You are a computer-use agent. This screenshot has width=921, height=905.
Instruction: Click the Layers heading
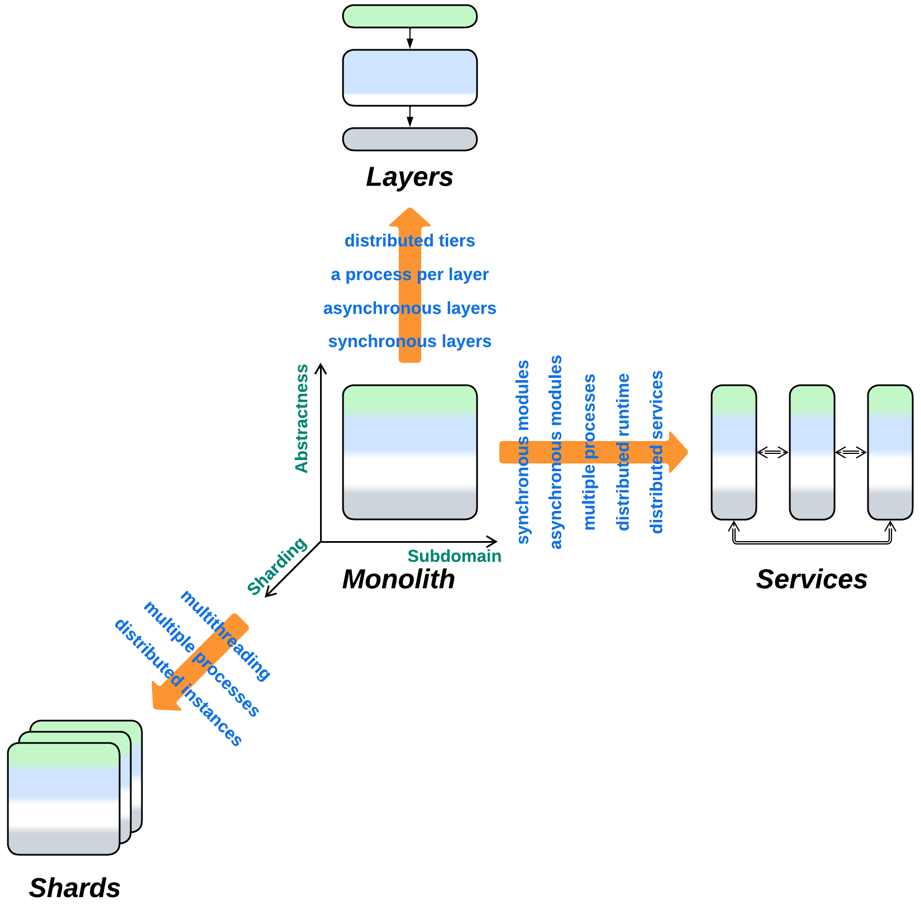pyautogui.click(x=409, y=177)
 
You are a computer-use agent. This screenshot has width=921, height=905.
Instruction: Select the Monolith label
pyautogui.click(x=398, y=579)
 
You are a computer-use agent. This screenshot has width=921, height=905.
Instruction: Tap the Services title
pyautogui.click(x=811, y=579)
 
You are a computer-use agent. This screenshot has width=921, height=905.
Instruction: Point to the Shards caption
pyautogui.click(x=74, y=888)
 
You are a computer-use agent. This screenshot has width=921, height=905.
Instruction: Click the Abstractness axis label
pyautogui.click(x=302, y=419)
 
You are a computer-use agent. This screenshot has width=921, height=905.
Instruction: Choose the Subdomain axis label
pyautogui.click(x=454, y=556)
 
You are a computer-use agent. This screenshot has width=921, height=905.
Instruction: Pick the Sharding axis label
pyautogui.click(x=277, y=566)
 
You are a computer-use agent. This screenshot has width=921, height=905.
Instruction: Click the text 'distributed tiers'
pyautogui.click(x=409, y=241)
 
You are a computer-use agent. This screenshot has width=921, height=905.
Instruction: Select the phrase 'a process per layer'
pyautogui.click(x=409, y=274)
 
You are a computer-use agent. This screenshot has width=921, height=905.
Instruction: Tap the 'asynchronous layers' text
pyautogui.click(x=409, y=308)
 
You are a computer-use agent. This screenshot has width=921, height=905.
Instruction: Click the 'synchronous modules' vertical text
pyautogui.click(x=523, y=452)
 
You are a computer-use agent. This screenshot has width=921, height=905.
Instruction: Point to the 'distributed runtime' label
pyautogui.click(x=623, y=452)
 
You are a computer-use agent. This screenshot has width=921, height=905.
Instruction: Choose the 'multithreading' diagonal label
pyautogui.click(x=225, y=635)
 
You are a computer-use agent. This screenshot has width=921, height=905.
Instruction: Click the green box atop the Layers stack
pyautogui.click(x=409, y=16)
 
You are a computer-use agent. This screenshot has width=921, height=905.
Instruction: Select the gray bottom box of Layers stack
pyautogui.click(x=409, y=139)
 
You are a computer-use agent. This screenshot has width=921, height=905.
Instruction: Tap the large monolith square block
pyautogui.click(x=409, y=452)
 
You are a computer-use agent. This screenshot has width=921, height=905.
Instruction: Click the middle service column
pyautogui.click(x=812, y=452)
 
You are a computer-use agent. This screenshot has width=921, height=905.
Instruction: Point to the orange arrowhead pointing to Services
pyautogui.click(x=677, y=452)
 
